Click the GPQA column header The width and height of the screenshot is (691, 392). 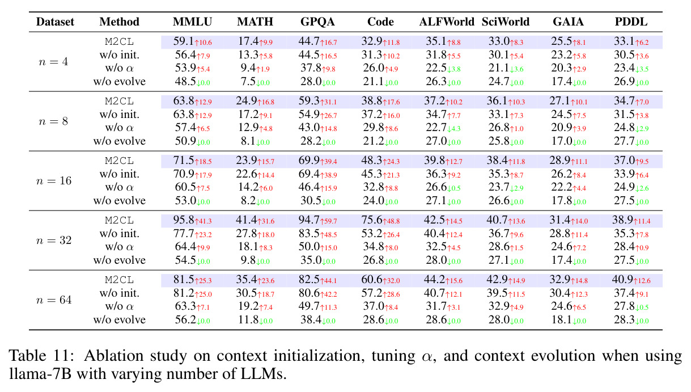click(317, 22)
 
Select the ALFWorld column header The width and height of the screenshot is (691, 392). click(447, 22)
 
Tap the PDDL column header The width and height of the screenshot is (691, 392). click(631, 22)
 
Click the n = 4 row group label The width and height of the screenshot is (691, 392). click(53, 62)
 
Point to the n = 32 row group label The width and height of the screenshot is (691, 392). click(54, 240)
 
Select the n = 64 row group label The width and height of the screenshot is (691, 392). click(54, 300)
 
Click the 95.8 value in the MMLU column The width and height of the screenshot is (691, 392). click(184, 220)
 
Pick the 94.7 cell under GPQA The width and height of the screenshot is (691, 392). click(309, 220)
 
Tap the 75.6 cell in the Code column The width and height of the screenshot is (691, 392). click(372, 220)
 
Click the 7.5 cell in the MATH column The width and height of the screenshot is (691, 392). click(248, 82)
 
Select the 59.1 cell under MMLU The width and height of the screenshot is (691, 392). click(184, 41)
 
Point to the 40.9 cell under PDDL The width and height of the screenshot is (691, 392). click(622, 279)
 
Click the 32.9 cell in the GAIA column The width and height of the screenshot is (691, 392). click(560, 279)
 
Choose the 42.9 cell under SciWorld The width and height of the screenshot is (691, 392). click(497, 279)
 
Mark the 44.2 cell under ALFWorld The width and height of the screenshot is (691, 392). click(434, 279)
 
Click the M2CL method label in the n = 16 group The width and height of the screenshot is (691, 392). click(120, 161)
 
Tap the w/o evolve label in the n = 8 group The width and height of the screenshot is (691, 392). click(120, 141)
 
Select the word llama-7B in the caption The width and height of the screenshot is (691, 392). click(40, 374)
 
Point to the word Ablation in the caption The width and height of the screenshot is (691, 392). click(114, 356)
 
